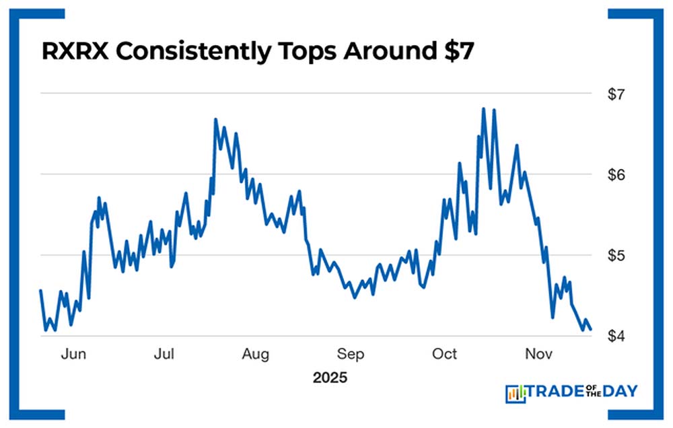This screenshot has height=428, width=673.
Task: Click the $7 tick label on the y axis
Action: coord(616,94)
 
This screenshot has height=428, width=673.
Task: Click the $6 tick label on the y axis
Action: coord(616,174)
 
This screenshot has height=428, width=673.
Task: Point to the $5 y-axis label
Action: coord(616,255)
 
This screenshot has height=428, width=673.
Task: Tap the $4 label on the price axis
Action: coord(616,336)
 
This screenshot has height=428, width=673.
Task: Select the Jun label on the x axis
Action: coord(73,354)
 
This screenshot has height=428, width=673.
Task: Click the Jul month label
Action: coord(165,354)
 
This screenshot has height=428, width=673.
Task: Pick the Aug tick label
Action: coord(256,354)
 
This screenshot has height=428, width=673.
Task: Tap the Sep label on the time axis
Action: coord(351,354)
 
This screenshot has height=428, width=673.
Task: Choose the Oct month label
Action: coord(444,354)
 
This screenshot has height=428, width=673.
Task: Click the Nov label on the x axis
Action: coord(536,354)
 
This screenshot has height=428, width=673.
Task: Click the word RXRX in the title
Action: coord(75,52)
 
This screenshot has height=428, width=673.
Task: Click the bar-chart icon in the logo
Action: coord(515,392)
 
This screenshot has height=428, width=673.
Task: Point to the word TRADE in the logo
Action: coord(555,391)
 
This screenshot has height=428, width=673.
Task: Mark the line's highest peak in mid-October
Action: coord(484,108)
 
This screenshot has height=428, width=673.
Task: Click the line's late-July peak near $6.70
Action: coord(215,120)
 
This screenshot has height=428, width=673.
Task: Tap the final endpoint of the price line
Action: coord(590,329)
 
